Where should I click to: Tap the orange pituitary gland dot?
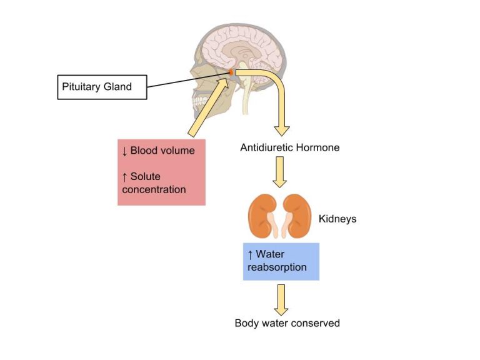(231, 73)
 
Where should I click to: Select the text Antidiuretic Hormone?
(289, 148)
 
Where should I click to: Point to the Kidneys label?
(337, 219)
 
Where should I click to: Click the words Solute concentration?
(154, 183)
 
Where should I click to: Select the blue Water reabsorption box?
(281, 261)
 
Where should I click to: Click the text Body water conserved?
(287, 323)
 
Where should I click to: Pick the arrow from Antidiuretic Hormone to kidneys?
(280, 172)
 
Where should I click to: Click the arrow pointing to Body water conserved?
(281, 300)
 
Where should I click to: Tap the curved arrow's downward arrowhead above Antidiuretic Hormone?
(283, 128)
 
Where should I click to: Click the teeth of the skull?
(201, 100)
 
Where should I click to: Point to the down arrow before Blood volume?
(125, 151)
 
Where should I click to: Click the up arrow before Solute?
(125, 177)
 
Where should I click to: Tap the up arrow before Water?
(251, 255)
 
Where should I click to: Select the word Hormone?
(319, 148)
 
